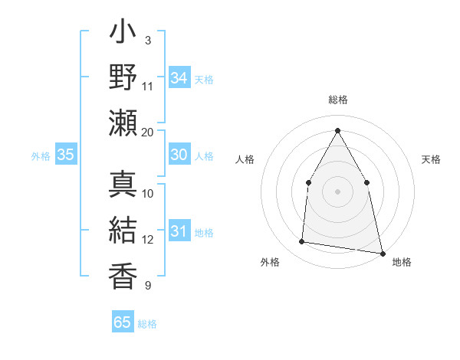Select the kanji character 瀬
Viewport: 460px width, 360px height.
pos(123,122)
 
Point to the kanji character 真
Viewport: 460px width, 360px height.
pos(123,184)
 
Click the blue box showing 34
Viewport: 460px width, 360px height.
pos(179,78)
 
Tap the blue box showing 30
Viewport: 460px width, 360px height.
pos(179,155)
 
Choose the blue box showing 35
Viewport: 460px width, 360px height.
pos(65,155)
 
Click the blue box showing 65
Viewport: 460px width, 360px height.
pos(122,322)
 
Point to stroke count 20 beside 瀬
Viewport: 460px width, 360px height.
pos(148,132)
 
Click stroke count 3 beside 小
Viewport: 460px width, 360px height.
pos(148,40)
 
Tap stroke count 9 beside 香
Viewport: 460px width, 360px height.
pos(148,286)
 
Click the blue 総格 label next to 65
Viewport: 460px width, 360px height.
pos(147,324)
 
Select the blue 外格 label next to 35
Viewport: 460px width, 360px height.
pos(41,156)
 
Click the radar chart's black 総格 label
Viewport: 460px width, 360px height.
pos(337,100)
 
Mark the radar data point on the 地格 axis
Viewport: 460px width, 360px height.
pos(382,252)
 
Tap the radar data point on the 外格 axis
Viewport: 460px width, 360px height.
pos(302,242)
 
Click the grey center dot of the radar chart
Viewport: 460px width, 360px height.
pos(337,191)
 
